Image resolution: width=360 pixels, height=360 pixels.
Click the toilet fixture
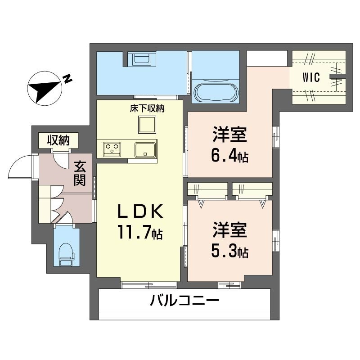point(67,254)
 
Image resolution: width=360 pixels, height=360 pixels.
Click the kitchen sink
point(145,150)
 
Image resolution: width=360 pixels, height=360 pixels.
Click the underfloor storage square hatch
point(147,125)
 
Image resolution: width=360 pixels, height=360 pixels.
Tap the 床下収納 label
point(147,108)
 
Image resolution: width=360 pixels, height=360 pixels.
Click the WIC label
point(311,77)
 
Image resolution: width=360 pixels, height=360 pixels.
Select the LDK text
point(140,211)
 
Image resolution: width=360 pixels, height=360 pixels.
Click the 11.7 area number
point(140,232)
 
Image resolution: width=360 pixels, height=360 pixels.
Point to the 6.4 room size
point(229,157)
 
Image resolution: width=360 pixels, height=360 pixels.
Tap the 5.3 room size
point(229,252)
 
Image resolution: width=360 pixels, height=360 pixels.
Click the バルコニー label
point(184,300)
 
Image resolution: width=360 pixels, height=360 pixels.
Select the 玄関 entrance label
point(80,173)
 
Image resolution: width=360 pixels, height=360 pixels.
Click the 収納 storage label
point(58,140)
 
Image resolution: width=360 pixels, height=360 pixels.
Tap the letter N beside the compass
point(67,79)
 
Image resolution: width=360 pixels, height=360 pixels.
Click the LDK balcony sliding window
point(149,285)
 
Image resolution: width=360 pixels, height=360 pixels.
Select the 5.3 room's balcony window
point(229,285)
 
